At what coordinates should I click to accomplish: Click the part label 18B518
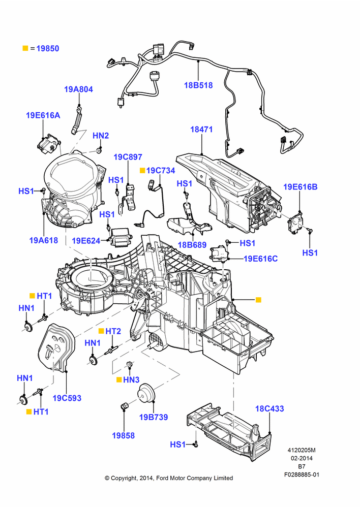(198, 85)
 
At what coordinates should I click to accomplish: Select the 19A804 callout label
(78, 89)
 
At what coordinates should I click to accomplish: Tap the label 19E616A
(43, 115)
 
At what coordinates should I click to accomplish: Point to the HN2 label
(101, 136)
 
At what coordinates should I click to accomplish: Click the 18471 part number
(201, 129)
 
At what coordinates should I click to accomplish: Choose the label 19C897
(128, 157)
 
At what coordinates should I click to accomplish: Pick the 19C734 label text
(161, 170)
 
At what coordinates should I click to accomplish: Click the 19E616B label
(301, 187)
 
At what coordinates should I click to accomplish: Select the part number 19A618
(43, 240)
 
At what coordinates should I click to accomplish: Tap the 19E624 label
(86, 240)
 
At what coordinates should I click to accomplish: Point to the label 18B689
(192, 245)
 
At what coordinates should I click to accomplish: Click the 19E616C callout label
(261, 259)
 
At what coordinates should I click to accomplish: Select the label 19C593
(67, 398)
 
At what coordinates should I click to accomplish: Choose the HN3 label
(131, 379)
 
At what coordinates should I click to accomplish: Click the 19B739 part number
(154, 417)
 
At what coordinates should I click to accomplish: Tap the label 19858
(123, 435)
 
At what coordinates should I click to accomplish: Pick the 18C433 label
(269, 408)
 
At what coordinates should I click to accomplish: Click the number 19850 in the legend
(48, 49)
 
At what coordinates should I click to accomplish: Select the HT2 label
(113, 331)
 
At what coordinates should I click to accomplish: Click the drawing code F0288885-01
(302, 474)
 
